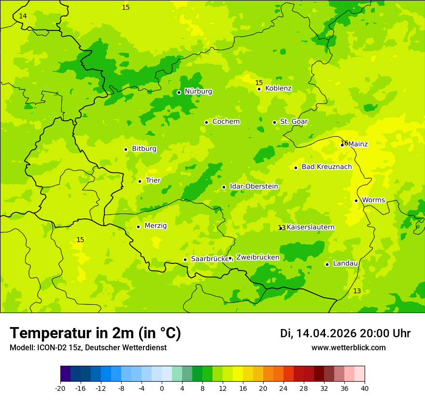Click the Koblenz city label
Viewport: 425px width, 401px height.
(278, 88)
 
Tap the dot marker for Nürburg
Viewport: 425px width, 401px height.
(179, 92)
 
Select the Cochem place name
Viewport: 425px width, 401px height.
(226, 122)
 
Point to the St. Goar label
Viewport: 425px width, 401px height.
(294, 122)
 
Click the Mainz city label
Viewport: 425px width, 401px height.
(358, 144)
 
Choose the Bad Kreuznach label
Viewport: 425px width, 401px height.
(326, 167)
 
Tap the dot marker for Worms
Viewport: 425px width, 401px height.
(356, 200)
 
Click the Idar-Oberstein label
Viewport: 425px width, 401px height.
(254, 186)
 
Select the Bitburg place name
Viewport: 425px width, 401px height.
(144, 149)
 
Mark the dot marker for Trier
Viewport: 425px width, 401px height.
(140, 181)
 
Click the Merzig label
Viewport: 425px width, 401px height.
(156, 226)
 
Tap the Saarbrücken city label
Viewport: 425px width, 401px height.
(209, 259)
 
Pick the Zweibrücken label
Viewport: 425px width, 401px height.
(257, 258)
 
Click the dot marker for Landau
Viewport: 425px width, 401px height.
(327, 264)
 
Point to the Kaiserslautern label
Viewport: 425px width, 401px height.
(311, 228)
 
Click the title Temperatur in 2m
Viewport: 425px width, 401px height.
(95, 333)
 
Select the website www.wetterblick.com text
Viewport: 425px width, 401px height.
(348, 348)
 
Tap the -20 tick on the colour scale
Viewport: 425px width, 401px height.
(60, 388)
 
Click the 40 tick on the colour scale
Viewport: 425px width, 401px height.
(365, 388)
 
